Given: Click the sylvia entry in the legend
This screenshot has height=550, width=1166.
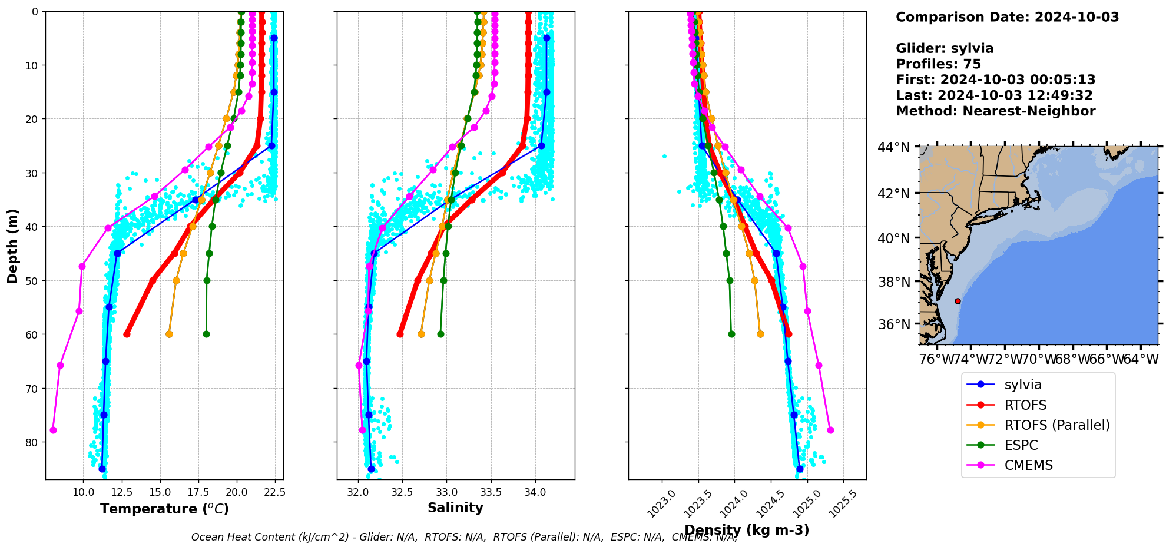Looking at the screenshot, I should [1022, 385].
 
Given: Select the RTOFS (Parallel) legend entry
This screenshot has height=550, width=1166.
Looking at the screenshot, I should [1056, 425].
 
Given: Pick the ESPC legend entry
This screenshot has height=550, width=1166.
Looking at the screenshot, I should [1021, 445].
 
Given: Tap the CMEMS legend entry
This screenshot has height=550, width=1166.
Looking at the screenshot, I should [1028, 465].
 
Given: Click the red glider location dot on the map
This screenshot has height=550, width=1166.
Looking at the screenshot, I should [958, 301].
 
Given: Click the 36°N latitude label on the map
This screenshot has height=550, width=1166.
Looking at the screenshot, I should [894, 324].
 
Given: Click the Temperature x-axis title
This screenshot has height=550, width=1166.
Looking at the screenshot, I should [164, 509].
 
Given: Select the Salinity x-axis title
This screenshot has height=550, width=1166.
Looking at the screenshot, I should [455, 508].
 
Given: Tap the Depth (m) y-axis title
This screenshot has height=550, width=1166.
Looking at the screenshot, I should [13, 246].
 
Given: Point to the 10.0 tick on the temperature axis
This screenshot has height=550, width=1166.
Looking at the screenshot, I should [83, 492].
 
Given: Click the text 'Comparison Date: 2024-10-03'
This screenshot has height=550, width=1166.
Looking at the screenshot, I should [1007, 17].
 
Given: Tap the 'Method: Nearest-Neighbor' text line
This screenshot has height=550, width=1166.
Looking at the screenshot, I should [995, 111].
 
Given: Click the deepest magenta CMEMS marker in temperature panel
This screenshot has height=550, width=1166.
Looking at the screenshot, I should [53, 430].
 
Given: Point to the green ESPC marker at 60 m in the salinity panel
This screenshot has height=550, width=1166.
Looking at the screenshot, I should [440, 334].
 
